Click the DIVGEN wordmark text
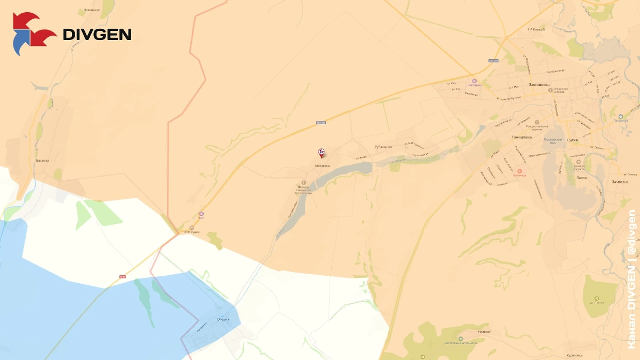97,35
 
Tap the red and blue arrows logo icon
33,34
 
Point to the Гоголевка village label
322,166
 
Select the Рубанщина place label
383,147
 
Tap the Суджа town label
572,140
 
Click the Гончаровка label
522,137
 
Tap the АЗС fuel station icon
201,212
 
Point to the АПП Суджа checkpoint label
193,231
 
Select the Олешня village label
223,319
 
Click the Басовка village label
43,160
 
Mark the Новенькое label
92,10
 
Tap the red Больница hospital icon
519,171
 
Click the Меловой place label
484,332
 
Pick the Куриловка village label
575,355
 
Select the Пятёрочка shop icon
620,116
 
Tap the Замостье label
620,182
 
